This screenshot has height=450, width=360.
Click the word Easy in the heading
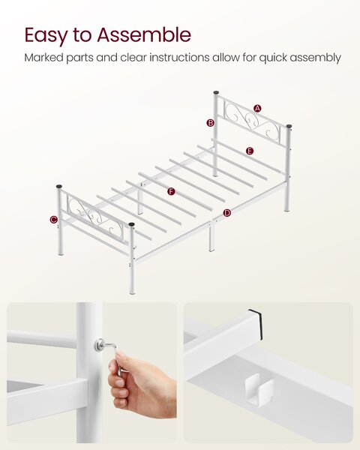pos(46,35)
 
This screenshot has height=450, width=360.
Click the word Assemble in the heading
pos(144,34)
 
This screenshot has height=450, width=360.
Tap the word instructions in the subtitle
pos(179,58)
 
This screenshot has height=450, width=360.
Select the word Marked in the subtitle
pos(43,58)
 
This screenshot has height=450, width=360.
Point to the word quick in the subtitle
pos(273,58)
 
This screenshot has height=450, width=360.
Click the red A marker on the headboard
pos(257,109)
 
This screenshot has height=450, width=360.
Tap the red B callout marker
pos(211,123)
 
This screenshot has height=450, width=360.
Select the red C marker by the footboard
pos(53,220)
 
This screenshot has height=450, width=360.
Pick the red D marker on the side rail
pos(226,213)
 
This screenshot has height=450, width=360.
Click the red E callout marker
pos(250,151)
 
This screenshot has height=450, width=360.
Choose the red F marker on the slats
pos(172,191)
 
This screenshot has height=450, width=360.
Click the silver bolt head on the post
pos(100,345)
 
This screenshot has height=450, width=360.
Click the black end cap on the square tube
pos(256,324)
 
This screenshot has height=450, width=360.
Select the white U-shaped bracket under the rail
pos(259,390)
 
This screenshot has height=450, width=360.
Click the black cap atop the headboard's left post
pos(216,93)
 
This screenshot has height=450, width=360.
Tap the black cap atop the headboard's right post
pos(289,126)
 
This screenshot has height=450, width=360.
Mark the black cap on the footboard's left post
pos(59,187)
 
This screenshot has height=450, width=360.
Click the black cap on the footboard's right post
pos(131,224)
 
